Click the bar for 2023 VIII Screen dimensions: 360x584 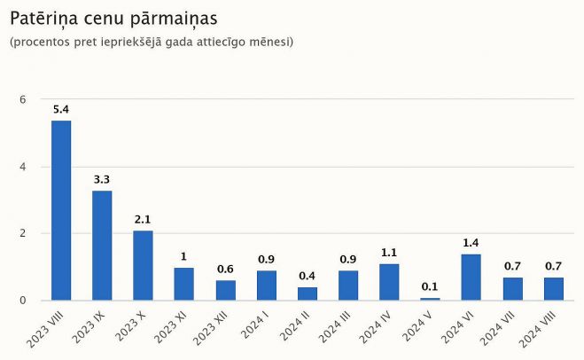[x=61, y=210]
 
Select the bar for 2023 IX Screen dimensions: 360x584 [x=102, y=246]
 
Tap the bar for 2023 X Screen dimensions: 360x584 [x=143, y=265]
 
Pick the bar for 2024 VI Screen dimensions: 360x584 [x=471, y=277]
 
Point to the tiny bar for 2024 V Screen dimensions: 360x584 [x=430, y=299]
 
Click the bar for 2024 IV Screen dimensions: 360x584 [x=389, y=282]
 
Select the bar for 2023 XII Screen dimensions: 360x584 [x=225, y=290]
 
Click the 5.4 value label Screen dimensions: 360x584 [x=61, y=110]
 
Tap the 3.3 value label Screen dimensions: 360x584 [x=102, y=180]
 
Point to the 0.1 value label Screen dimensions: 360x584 [x=430, y=286]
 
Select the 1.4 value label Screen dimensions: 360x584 [x=471, y=243]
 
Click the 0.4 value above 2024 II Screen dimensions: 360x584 [x=307, y=276]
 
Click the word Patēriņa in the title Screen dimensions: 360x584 [x=45, y=18]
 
